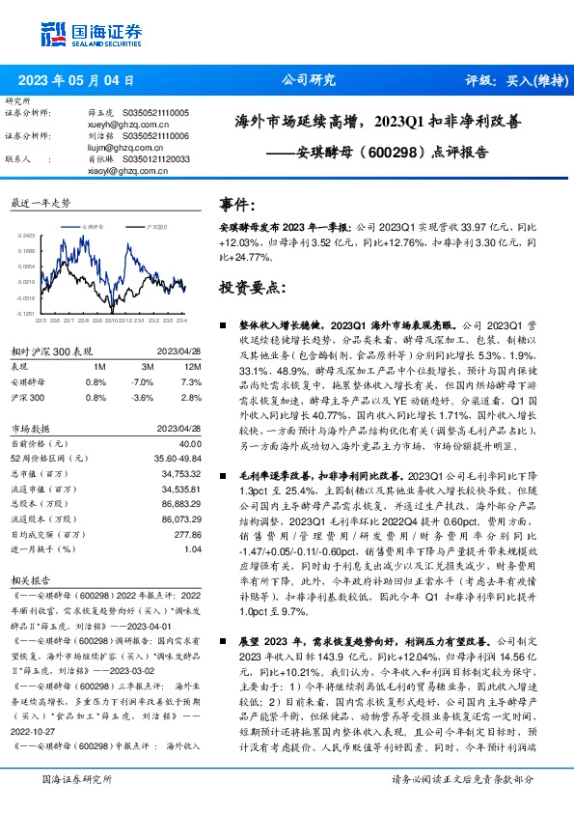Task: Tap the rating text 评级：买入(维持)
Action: tap(510, 81)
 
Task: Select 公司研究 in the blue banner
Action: tap(308, 81)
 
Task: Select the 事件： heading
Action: tap(238, 205)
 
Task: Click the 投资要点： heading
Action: tap(254, 287)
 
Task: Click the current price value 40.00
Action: tap(189, 442)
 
